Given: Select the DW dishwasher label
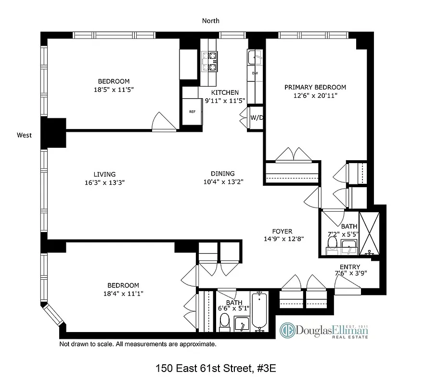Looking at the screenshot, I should (255, 73).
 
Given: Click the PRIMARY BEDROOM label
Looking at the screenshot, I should (315, 87).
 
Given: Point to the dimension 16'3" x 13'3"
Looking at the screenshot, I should (105, 182).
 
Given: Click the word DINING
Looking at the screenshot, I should (222, 174).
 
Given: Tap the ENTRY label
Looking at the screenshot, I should (349, 267).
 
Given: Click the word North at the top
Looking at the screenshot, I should (210, 21).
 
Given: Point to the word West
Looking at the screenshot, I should (24, 135).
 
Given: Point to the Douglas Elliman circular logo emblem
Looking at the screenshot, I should (288, 331).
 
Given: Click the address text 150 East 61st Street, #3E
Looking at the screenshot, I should (215, 369).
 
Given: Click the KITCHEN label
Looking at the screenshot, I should (225, 92).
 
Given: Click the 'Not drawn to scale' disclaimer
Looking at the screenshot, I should (138, 345).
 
